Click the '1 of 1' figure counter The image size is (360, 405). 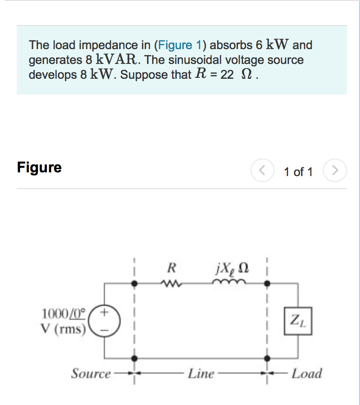(x=298, y=172)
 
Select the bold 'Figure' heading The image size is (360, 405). (x=39, y=167)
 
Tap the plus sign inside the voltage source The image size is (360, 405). (x=106, y=313)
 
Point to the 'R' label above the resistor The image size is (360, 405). (x=171, y=267)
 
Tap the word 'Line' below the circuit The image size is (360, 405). (x=201, y=373)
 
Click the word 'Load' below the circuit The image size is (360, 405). (x=307, y=373)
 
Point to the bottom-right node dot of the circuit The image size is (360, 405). (x=267, y=358)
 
